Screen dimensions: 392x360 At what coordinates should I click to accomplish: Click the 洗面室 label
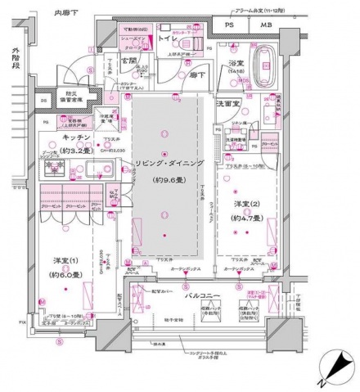pyautogui.click(x=227, y=104)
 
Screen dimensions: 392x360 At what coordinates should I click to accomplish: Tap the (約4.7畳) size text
pyautogui.click(x=246, y=219)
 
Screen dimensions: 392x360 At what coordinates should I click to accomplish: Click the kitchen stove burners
pyautogui.click(x=57, y=166)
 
